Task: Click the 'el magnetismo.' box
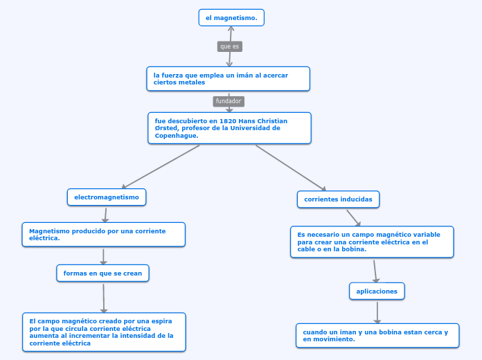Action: (x=231, y=18)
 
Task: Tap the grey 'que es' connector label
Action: (x=230, y=46)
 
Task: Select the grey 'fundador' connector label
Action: (x=229, y=101)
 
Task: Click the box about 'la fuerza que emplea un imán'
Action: (x=228, y=79)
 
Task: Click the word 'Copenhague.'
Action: (x=177, y=136)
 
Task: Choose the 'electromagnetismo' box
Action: (x=107, y=197)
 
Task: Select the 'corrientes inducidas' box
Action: (x=338, y=199)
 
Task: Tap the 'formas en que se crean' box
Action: (x=102, y=273)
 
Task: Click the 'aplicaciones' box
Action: (x=377, y=291)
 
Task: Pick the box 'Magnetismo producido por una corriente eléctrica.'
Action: (x=104, y=235)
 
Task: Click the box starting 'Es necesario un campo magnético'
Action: (x=372, y=242)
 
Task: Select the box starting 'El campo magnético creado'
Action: (x=104, y=332)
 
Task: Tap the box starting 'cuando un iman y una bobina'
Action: (x=377, y=336)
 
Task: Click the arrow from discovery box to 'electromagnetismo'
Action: (x=161, y=167)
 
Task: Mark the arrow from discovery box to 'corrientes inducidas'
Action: (x=291, y=168)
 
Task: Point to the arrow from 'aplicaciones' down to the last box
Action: (x=377, y=312)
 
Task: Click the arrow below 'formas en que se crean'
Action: (x=104, y=298)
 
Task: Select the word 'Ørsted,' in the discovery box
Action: (x=167, y=128)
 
